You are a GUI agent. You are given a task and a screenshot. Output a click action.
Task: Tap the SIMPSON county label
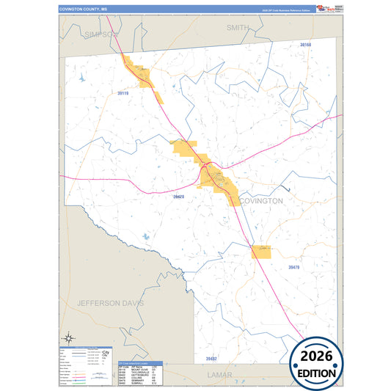tap(101, 34)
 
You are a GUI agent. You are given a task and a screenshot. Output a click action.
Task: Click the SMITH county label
tap(237, 27)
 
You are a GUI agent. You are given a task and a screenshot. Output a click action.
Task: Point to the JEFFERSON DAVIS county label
tap(111, 302)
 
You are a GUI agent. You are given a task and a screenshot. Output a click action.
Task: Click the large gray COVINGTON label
tap(260, 200)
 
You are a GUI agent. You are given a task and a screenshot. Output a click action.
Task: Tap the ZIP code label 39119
tap(123, 93)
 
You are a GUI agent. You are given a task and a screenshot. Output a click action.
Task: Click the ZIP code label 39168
tap(306, 45)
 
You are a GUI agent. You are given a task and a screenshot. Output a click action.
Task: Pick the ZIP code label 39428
tap(179, 197)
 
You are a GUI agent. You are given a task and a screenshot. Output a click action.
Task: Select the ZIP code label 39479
tap(293, 268)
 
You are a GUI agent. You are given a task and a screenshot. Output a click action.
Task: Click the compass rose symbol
tap(68, 337)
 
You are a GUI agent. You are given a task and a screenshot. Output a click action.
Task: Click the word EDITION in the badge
tap(316, 373)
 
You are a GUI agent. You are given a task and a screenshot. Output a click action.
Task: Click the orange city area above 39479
tap(261, 252)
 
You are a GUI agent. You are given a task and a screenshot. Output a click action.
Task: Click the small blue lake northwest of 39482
tap(145, 237)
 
